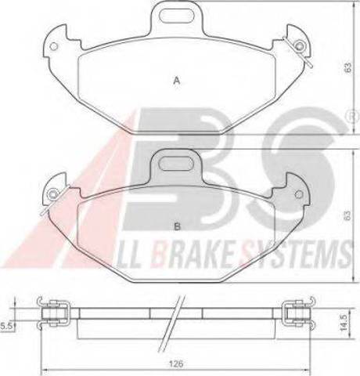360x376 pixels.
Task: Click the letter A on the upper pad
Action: pyautogui.click(x=177, y=81)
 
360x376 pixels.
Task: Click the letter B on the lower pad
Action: pyautogui.click(x=177, y=226)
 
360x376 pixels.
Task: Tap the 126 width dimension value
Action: pyautogui.click(x=176, y=363)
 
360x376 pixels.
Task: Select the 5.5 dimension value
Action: pyautogui.click(x=6, y=326)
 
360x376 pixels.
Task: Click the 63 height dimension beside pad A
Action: pyautogui.click(x=347, y=67)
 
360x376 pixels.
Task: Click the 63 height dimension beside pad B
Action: pyautogui.click(x=347, y=215)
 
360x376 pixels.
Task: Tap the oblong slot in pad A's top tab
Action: pyautogui.click(x=177, y=15)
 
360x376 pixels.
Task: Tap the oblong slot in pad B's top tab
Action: pyautogui.click(x=177, y=164)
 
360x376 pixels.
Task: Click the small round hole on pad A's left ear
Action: pyautogui.click(x=54, y=46)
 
